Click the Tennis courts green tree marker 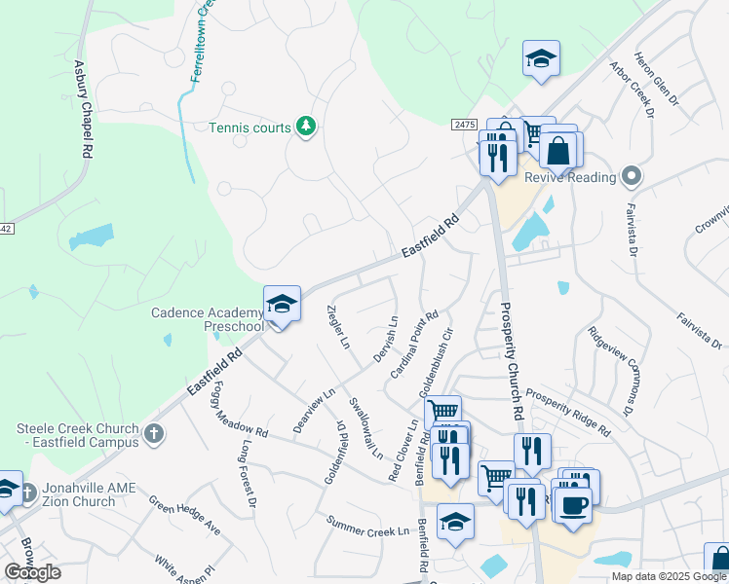[x=306, y=128]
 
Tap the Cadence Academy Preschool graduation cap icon [x=282, y=305]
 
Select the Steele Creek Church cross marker [x=153, y=434]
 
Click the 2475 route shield [x=465, y=125]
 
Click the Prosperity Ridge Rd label [x=567, y=412]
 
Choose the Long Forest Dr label [x=247, y=474]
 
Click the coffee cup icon [x=574, y=504]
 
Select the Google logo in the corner [x=33, y=572]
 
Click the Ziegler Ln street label [x=337, y=325]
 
